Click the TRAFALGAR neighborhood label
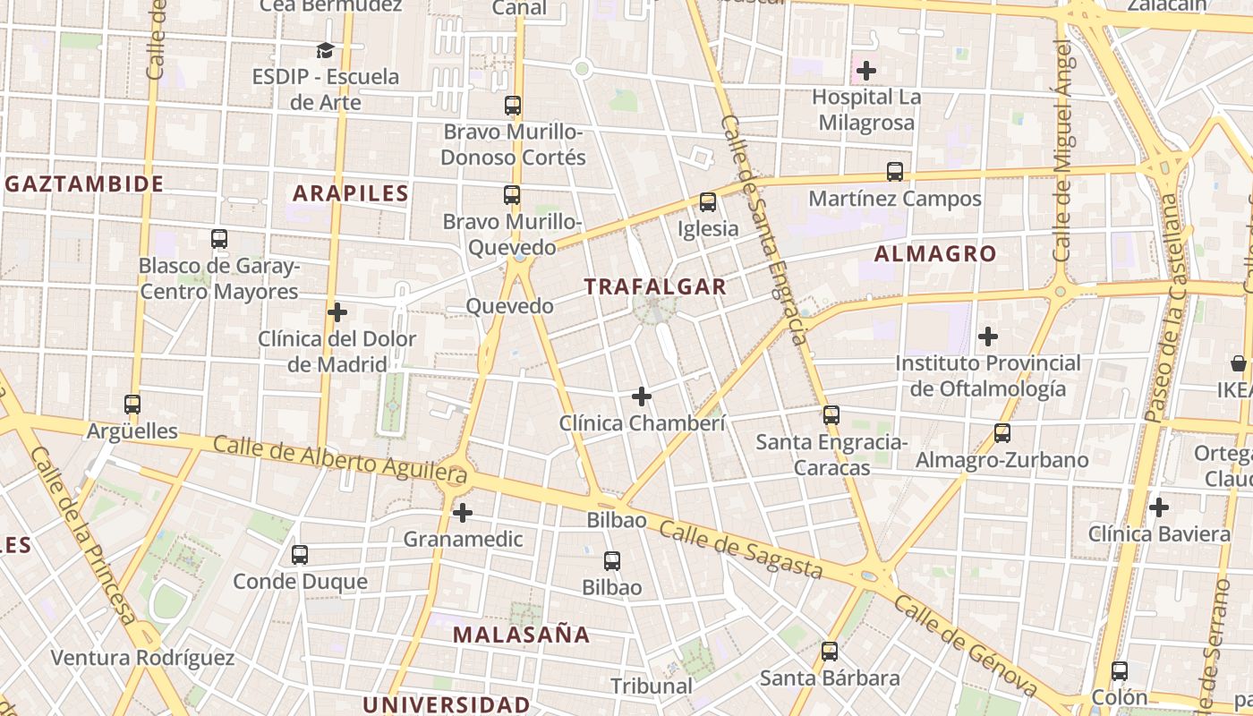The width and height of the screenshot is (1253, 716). [x=655, y=286]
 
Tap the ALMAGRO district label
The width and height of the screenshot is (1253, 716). [x=934, y=253]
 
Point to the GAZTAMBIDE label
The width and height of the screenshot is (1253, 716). [x=85, y=184]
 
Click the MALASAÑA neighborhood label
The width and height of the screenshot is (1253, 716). [x=521, y=635]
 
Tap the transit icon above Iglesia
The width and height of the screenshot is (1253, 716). [x=708, y=202]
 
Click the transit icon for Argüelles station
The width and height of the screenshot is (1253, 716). [x=132, y=405]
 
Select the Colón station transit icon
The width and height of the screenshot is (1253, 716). [x=1120, y=671]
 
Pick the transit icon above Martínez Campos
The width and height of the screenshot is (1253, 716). [x=895, y=172]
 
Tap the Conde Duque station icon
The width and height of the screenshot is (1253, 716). [x=300, y=555]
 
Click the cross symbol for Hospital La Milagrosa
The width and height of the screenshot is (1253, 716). [x=865, y=70]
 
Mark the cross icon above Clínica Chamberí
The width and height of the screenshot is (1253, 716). [x=642, y=396]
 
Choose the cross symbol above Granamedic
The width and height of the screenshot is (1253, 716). [x=463, y=513]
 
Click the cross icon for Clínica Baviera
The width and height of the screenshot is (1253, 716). [x=1159, y=507]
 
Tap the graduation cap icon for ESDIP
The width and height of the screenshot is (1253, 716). [x=325, y=50]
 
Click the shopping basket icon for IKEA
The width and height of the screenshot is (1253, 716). [x=1239, y=363]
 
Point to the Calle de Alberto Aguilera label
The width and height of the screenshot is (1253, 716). [x=340, y=457]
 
